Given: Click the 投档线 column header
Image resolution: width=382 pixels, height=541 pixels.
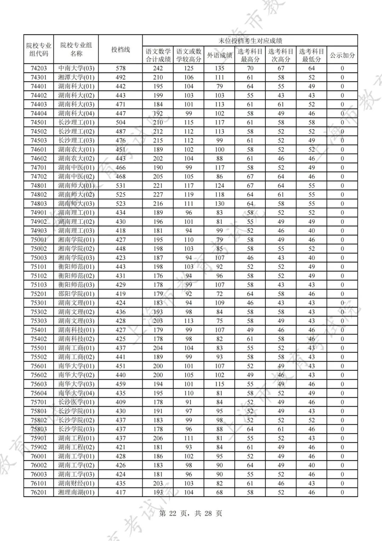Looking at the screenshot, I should pos(121,50).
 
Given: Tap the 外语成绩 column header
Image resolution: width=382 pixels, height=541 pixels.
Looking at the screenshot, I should pos(219,55).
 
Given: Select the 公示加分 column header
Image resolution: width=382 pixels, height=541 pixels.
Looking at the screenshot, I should pos(342,55).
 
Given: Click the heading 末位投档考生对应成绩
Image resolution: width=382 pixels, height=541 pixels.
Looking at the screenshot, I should pos(250,41).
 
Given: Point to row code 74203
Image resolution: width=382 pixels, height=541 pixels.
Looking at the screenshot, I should pos(39,68).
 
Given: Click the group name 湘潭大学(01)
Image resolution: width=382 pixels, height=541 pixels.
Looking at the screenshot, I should pos(76,77).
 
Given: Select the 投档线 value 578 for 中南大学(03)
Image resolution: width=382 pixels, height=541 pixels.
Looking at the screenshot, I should pos(121,68).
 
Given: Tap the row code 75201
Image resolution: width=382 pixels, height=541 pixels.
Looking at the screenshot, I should pos(39,294).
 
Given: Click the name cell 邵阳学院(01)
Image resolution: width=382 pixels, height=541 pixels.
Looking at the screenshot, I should pos(76,294).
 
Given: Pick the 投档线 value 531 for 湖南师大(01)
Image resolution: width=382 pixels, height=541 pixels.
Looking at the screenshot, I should pos(121,186).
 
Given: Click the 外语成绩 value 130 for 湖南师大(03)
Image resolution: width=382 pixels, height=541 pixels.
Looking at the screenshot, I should pos(219,204).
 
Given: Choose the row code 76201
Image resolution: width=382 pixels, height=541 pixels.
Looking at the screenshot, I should pos(39,492).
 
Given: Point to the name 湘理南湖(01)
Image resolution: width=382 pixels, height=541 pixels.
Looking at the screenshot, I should pos(76,492).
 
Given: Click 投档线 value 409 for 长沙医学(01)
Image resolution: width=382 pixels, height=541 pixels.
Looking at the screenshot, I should pos(121,402).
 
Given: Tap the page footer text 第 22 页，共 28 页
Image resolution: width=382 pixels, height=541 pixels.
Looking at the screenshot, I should pos(191,513).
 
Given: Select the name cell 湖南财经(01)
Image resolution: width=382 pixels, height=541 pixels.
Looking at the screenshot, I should pos(76,483).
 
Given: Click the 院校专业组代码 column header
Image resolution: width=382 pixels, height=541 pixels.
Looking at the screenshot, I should pos(39,50).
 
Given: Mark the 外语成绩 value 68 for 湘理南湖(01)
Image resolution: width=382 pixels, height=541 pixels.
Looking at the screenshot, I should pos(219,492).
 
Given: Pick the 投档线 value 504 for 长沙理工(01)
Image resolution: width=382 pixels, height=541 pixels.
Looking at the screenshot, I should pos(121,123).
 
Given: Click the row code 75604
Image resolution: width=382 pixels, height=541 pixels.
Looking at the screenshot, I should pos(39,393).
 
